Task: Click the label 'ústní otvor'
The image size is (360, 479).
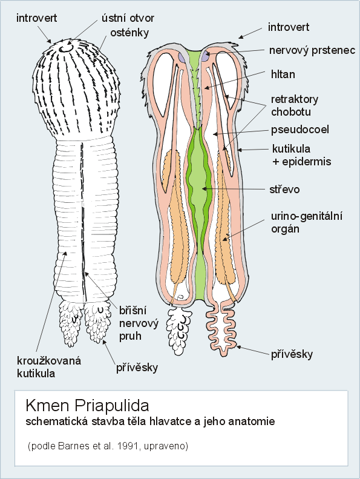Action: tap(128, 18)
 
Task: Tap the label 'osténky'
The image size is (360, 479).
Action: tap(129, 33)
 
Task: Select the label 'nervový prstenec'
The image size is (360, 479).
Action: tap(312, 50)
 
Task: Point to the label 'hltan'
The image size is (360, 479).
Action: tap(283, 74)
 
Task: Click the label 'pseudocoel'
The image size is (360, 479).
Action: tap(300, 130)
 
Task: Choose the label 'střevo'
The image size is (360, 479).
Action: tap(284, 190)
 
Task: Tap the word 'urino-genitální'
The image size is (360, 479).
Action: tap(307, 216)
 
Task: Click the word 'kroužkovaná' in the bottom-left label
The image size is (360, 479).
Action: tap(49, 360)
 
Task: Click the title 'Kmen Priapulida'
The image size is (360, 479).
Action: tap(87, 406)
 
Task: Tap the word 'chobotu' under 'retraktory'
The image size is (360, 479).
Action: tap(291, 112)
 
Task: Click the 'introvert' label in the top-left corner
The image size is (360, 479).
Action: tap(37, 18)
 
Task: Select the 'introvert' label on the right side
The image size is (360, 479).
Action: tap(289, 27)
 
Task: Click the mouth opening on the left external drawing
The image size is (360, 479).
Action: tap(66, 49)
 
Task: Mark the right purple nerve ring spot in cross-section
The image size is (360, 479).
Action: tap(206, 56)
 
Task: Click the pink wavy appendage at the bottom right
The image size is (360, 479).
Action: tap(221, 329)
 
